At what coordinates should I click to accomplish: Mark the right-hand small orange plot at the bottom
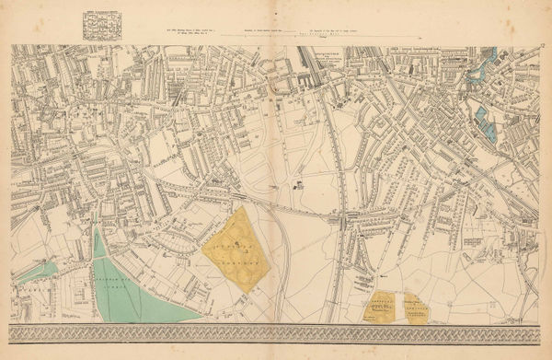point(416,309)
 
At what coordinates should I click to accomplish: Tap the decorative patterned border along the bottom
point(276,332)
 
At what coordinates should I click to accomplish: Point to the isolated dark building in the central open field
point(300,185)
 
